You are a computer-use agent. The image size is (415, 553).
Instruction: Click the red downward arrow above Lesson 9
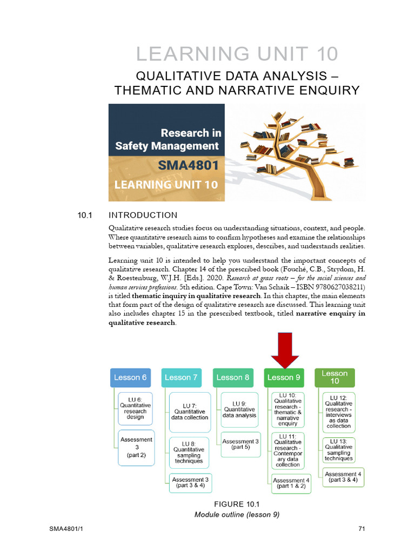pyautogui.click(x=284, y=350)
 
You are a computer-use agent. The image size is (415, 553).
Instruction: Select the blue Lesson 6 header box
pyautogui.click(x=130, y=377)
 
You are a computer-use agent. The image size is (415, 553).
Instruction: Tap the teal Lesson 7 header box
pyautogui.click(x=181, y=377)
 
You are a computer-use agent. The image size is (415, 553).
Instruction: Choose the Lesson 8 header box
pyautogui.click(x=233, y=377)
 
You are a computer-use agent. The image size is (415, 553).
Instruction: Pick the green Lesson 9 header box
pyautogui.click(x=284, y=377)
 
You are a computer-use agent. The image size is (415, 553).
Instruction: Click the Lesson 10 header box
pyautogui.click(x=335, y=377)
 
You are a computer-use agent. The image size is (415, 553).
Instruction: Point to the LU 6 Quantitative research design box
pyautogui.click(x=136, y=408)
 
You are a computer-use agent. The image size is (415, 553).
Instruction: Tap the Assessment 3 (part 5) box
pyautogui.click(x=241, y=444)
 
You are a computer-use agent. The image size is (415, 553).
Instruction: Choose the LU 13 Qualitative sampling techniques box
pyautogui.click(x=339, y=450)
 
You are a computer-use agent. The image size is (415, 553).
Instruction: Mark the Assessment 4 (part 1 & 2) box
pyautogui.click(x=292, y=483)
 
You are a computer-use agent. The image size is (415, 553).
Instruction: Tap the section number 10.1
pyautogui.click(x=85, y=215)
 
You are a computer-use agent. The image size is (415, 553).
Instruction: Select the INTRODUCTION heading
pyautogui.click(x=143, y=215)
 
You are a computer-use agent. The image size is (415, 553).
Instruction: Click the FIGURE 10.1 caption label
pyautogui.click(x=237, y=504)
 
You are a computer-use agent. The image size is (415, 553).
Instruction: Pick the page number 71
pyautogui.click(x=362, y=529)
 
